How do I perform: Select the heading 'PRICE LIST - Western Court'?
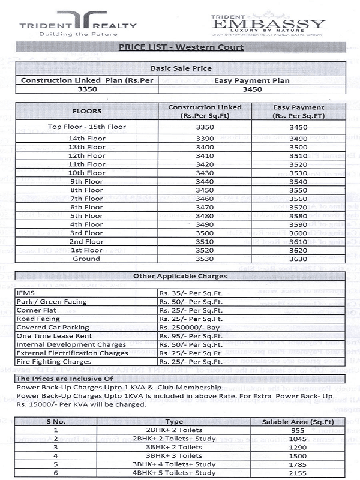pyautogui.click(x=181, y=47)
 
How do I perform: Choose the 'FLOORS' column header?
pyautogui.click(x=87, y=111)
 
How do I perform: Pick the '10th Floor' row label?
pyautogui.click(x=87, y=173)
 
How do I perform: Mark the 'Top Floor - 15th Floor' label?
pyautogui.click(x=87, y=127)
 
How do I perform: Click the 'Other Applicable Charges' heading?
pyautogui.click(x=180, y=276)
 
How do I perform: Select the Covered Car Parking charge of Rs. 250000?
pyautogui.click(x=187, y=328)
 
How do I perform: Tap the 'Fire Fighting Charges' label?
pyautogui.click(x=54, y=362)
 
